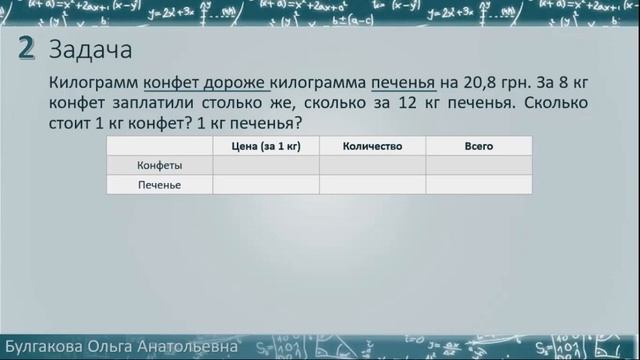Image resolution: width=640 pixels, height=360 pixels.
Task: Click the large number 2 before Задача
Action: coord(28,49)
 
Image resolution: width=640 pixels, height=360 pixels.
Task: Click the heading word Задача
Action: coord(90,50)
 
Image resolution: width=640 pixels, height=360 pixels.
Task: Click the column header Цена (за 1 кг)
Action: coord(266,146)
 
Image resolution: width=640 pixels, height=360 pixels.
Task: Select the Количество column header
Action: coord(372,146)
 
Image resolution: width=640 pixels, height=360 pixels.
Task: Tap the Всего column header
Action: coord(479,146)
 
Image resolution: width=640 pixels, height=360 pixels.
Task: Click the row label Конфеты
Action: coord(158,165)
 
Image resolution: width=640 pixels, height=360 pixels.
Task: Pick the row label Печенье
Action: coord(158,184)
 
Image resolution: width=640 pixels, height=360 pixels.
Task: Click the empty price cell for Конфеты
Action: coord(266,165)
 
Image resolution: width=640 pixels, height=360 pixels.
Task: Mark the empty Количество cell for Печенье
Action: coord(372,184)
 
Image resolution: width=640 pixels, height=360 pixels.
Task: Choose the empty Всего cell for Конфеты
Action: coord(479,165)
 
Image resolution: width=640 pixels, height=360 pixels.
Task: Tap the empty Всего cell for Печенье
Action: coord(479,184)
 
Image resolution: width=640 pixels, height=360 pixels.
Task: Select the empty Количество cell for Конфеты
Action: coord(372,165)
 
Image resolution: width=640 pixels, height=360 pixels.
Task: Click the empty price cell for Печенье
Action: coord(266,184)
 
